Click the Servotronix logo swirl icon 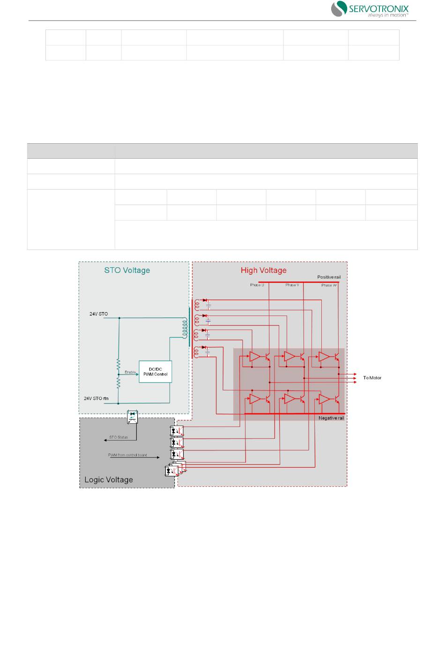pyautogui.click(x=339, y=8)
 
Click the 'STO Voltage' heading pyautogui.click(x=127, y=270)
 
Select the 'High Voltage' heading pyautogui.click(x=263, y=270)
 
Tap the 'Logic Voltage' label pyautogui.click(x=109, y=479)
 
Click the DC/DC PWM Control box pyautogui.click(x=155, y=372)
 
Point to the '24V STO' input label pyautogui.click(x=98, y=314)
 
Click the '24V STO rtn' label pyautogui.click(x=96, y=398)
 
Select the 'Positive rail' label pyautogui.click(x=329, y=277)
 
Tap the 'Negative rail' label pyautogui.click(x=331, y=418)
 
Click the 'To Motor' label pyautogui.click(x=372, y=378)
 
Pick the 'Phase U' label pyautogui.click(x=257, y=285)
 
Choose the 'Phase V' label pyautogui.click(x=292, y=285)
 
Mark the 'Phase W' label pyautogui.click(x=329, y=285)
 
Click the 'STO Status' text pyautogui.click(x=119, y=437)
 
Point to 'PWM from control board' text pyautogui.click(x=127, y=455)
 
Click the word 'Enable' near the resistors pyautogui.click(x=130, y=372)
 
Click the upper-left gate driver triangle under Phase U pyautogui.click(x=254, y=357)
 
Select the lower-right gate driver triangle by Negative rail pyautogui.click(x=324, y=399)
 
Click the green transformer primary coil pyautogui.click(x=185, y=327)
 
